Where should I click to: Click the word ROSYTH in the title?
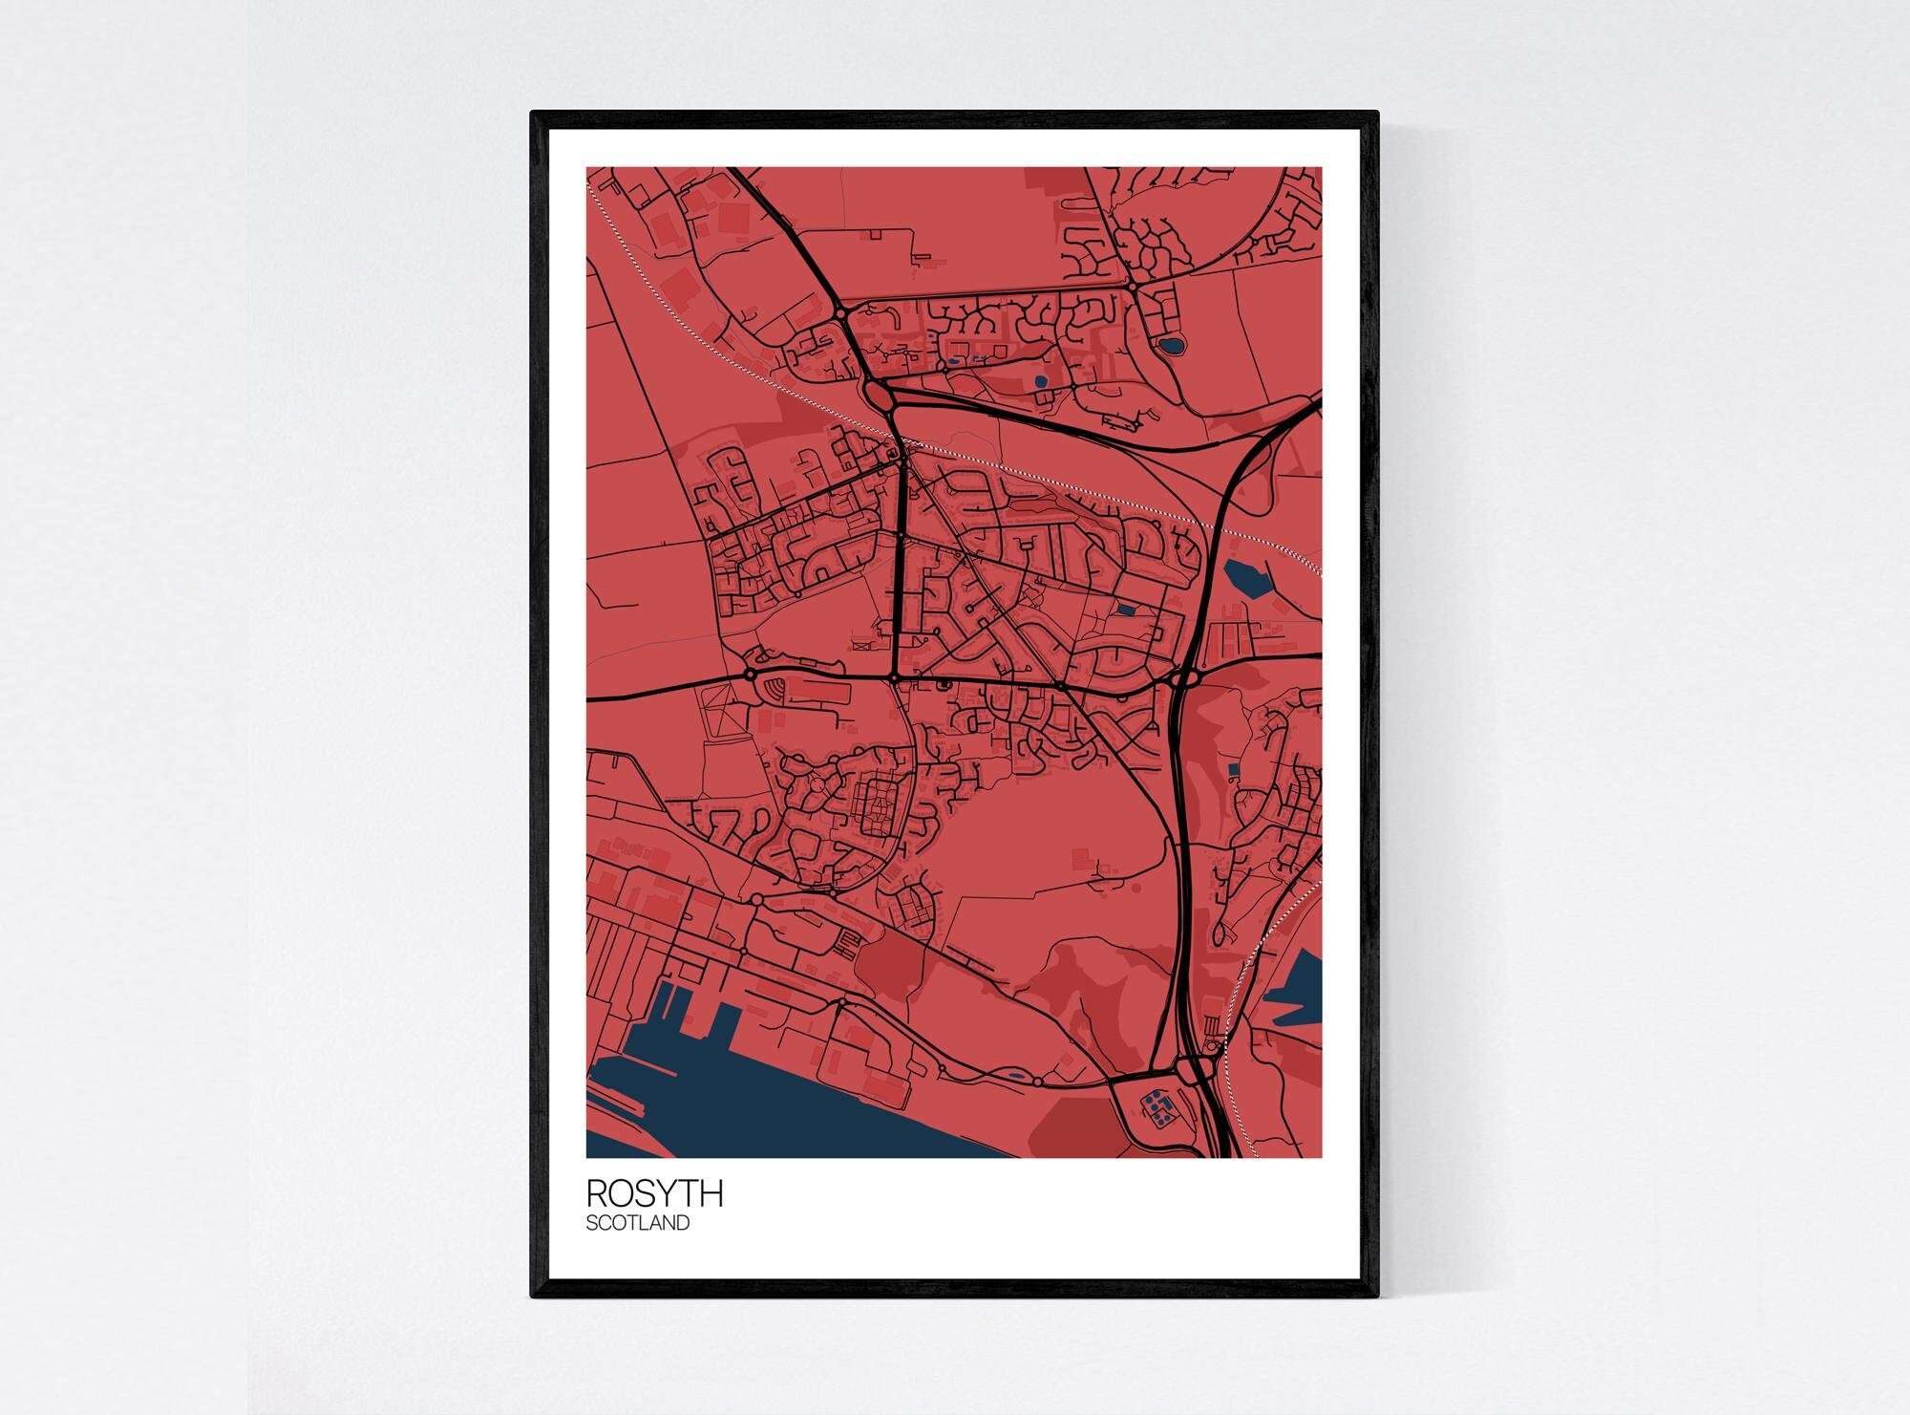pos(654,1193)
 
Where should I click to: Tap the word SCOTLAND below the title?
pos(637,1222)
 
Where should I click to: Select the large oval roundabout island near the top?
pos(878,393)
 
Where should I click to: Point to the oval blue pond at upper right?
pos(1168,345)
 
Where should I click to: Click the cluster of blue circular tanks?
pos(1158,1108)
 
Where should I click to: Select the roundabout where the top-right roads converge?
pos(1131,285)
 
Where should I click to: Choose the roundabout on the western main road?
pos(750,675)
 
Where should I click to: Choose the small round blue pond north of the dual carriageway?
pos(1040,381)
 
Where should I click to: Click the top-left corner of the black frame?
pos(533,114)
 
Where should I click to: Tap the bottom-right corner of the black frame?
pos(1377,1297)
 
